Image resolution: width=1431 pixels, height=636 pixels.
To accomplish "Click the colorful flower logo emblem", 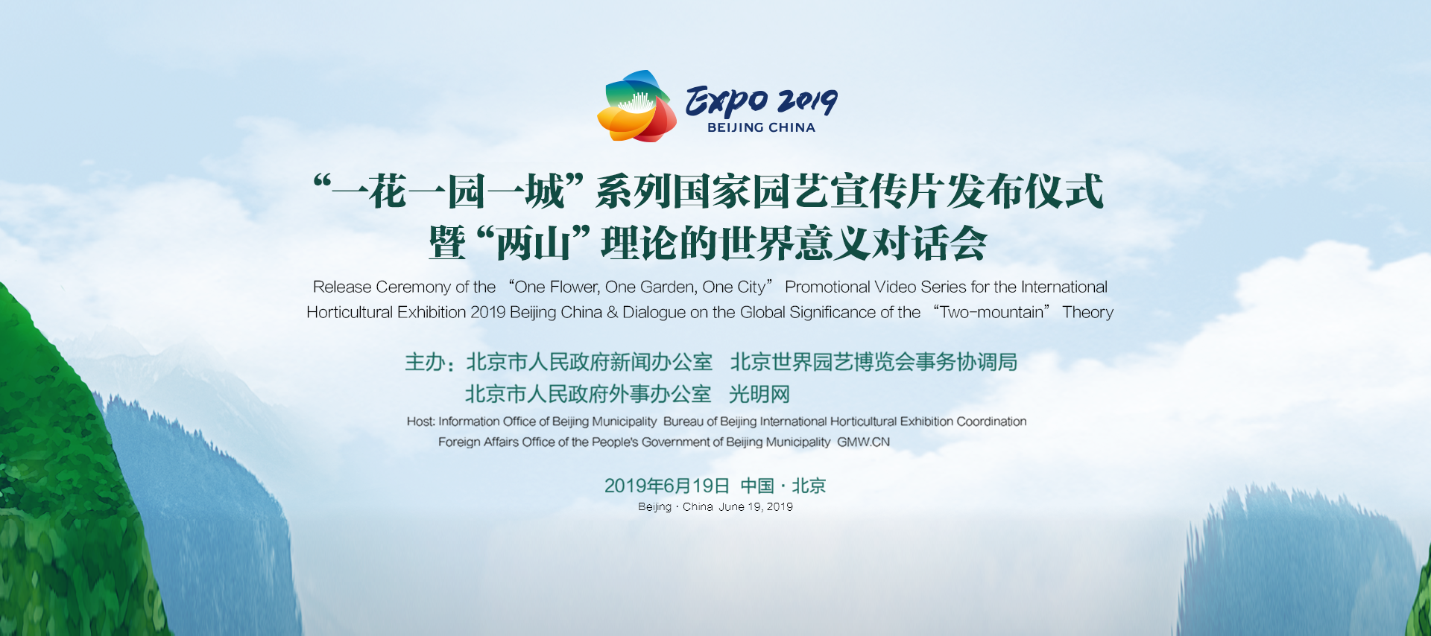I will coord(636,106).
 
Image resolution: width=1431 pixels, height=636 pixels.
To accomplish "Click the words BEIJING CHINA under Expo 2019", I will coord(761,128).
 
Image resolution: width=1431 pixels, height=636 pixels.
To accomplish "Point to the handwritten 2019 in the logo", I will coord(807,101).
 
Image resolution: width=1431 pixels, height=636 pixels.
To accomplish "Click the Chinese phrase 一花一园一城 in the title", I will coord(447,191).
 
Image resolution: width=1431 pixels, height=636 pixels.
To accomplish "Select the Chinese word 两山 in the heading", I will coord(532,243).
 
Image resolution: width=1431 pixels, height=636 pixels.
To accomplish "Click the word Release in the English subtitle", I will coord(341,287).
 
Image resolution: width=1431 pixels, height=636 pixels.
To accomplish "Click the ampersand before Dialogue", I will coord(612,313).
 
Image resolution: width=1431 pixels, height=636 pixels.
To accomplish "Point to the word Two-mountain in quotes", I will coord(991,313).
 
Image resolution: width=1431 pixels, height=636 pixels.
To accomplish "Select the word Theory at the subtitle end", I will coord(1087,313).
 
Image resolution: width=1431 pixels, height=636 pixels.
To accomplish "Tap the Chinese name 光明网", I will coord(759,394).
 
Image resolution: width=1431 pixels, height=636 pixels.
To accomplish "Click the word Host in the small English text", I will coord(420,422).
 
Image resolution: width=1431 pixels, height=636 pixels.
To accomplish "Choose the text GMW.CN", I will coord(863,442).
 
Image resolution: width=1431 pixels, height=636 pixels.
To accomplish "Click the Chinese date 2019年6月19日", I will coord(666,486).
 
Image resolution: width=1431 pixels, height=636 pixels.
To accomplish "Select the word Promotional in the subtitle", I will coord(827,287).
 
